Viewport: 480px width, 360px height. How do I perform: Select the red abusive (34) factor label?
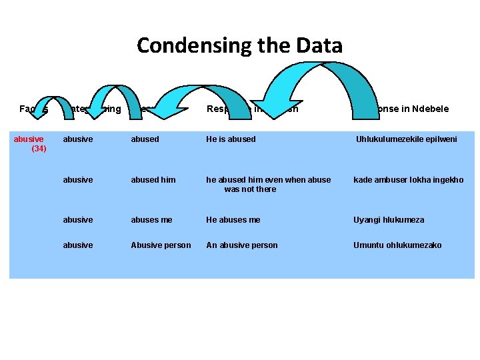29,143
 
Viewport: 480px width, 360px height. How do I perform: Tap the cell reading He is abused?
231,139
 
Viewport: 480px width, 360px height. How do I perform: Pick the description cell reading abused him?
153,180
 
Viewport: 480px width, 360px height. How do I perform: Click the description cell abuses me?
151,220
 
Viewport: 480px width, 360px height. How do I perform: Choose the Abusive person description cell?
161,245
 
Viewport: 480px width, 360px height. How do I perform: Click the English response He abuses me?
233,220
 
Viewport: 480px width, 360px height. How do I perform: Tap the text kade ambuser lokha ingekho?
408,180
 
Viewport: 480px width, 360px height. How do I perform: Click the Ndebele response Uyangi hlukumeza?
389,220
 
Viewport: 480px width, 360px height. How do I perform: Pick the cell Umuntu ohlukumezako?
397,245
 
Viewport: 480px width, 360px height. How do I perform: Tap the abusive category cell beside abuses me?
78,220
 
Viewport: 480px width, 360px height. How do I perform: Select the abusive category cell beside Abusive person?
78,245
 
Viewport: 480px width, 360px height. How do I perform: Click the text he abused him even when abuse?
269,180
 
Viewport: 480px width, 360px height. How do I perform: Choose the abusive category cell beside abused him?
78,180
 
